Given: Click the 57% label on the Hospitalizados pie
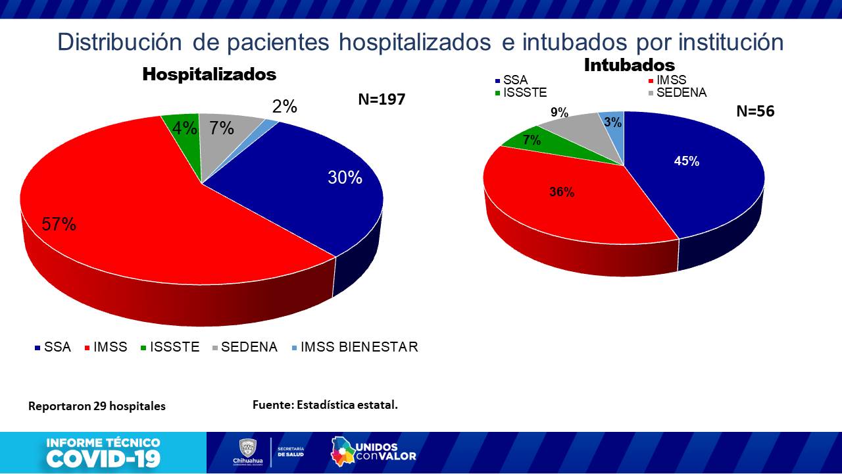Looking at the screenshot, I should point(59,224).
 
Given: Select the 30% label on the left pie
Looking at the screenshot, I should point(345,177).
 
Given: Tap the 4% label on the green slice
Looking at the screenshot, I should point(185,128).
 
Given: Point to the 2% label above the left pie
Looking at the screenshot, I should point(285,107).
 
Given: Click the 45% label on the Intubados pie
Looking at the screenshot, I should point(686,161).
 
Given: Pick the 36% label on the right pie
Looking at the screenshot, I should point(562,192).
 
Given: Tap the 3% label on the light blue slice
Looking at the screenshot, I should point(612,122).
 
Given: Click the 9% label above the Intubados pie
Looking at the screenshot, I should point(559,113).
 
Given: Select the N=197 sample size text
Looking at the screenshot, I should point(382,99).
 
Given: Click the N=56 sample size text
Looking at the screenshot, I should point(755,111).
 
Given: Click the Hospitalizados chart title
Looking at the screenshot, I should point(209,74).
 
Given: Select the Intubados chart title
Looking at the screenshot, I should point(630,65).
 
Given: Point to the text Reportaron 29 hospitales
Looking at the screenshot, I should point(97,406).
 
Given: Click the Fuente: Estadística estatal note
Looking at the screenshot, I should point(325,404).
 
